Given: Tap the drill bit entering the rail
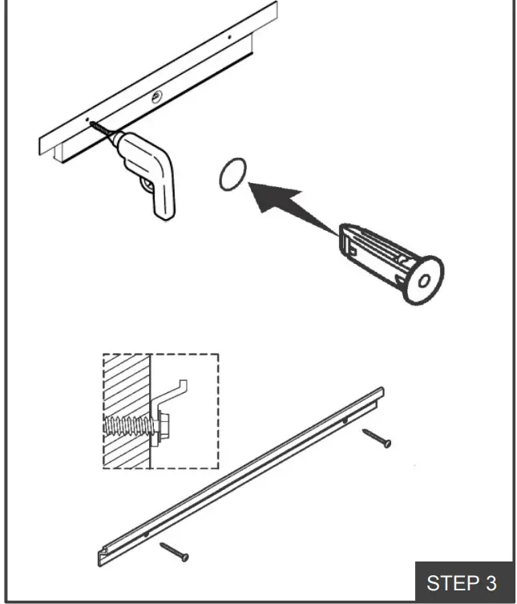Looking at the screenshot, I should [x=100, y=126].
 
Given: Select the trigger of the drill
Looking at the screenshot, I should [x=147, y=185].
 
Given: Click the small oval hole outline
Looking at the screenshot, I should [x=232, y=174].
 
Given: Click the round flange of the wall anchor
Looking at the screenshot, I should [x=422, y=281].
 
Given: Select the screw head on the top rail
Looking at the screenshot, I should [x=156, y=96].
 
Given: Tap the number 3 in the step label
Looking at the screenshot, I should [x=491, y=582].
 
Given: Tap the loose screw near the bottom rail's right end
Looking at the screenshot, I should [x=377, y=438].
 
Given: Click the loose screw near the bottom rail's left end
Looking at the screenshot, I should [x=174, y=551].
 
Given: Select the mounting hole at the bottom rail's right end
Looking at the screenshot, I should [x=345, y=419].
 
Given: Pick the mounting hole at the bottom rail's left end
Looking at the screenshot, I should [x=146, y=532].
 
